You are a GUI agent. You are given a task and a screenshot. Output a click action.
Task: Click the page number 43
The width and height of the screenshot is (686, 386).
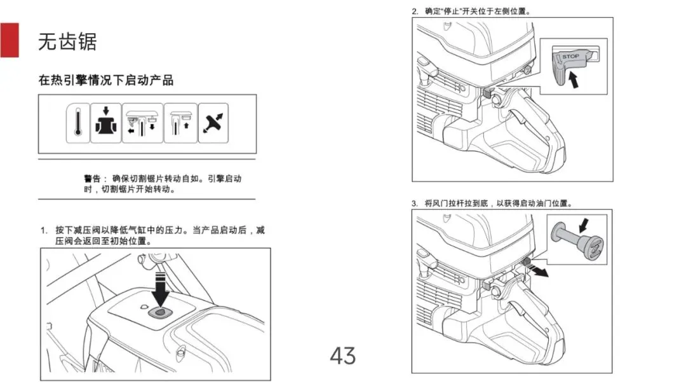(x=342, y=355)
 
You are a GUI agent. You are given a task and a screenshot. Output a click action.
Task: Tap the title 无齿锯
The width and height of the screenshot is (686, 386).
(x=67, y=42)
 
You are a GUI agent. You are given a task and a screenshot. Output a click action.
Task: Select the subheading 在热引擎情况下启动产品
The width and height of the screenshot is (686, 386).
(x=105, y=81)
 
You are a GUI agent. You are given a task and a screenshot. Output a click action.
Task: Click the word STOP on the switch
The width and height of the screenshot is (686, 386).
(x=570, y=57)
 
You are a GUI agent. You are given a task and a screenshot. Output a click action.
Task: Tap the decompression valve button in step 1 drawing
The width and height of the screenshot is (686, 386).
(x=159, y=312)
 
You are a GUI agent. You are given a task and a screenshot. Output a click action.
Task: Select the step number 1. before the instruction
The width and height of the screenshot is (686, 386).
(x=44, y=230)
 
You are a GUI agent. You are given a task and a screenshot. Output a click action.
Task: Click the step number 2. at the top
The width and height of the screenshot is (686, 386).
(x=415, y=11)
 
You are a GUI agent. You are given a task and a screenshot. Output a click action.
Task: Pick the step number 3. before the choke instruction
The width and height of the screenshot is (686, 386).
(x=415, y=203)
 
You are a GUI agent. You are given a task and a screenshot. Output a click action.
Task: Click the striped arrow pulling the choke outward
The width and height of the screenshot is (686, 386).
(x=541, y=271)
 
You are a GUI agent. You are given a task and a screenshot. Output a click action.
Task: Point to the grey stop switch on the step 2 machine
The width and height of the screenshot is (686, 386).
(x=487, y=92)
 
